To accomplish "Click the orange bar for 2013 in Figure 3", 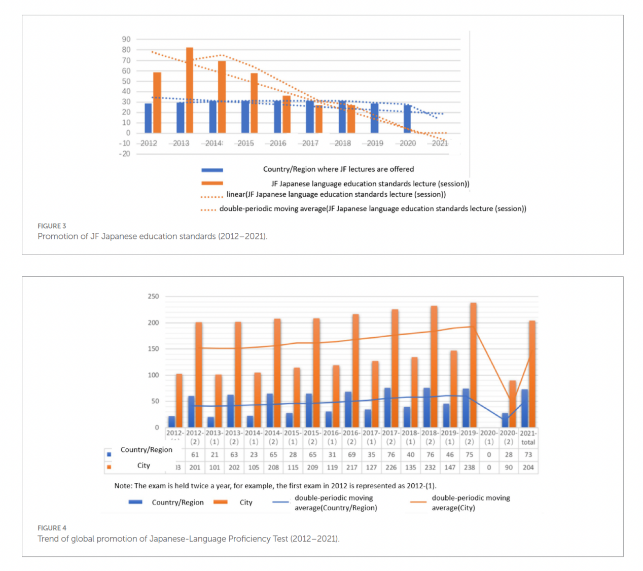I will point(190,90).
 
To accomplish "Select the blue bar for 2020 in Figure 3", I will point(407,119).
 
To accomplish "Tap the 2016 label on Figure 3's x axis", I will point(278,144).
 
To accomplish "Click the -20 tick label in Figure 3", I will point(125,154).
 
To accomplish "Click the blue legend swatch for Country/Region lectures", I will point(212,170).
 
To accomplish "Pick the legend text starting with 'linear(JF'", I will point(336,195).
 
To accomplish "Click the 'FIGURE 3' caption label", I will point(52,226).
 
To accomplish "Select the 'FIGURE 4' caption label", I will point(52,528).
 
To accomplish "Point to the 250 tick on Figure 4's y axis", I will point(153,296).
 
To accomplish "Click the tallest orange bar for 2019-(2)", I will point(473,365).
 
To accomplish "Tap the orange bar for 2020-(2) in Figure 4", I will point(513,404).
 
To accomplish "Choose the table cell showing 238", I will point(470,468).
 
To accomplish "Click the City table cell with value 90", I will point(509,468).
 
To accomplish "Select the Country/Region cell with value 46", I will point(450,455).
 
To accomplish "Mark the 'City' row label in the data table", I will point(144,466).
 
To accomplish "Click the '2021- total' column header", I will point(528,438).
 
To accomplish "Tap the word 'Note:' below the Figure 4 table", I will point(123,486).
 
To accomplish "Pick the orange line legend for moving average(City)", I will point(418,502).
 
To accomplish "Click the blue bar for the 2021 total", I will point(525,408).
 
